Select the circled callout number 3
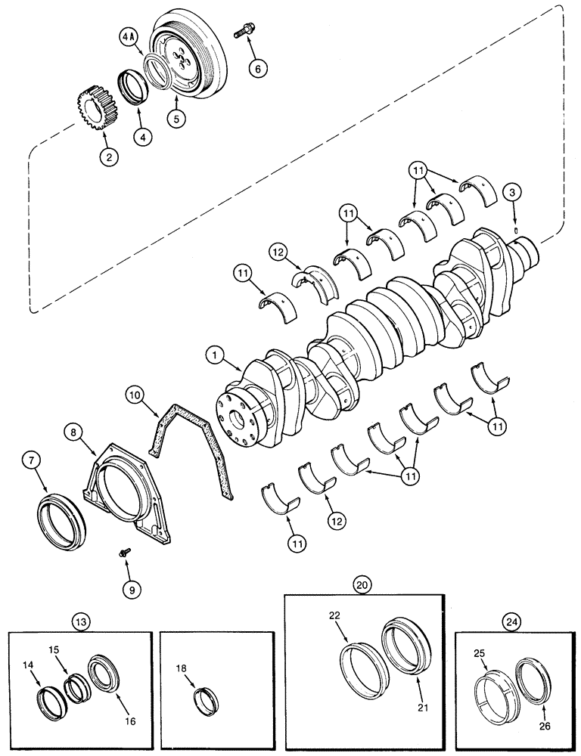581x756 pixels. [x=514, y=194]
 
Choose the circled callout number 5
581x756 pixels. [x=176, y=119]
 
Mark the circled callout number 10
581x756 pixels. [x=133, y=395]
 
